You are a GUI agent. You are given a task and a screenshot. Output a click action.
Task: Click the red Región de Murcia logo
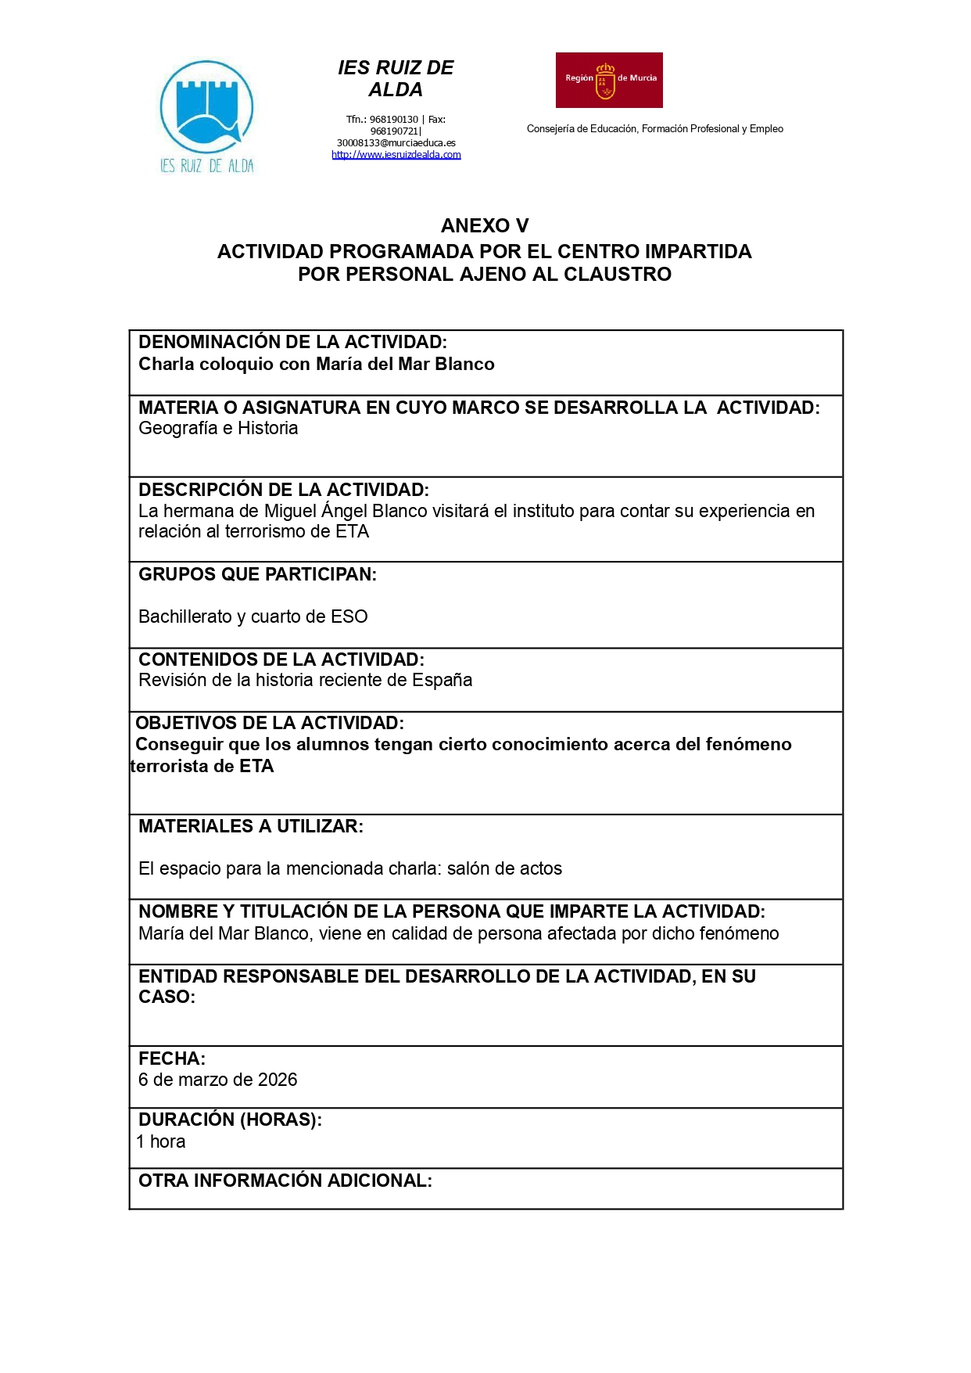[609, 80]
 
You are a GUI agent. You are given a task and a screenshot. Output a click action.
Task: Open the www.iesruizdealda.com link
[396, 155]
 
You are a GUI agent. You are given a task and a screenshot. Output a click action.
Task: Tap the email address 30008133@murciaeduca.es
[396, 143]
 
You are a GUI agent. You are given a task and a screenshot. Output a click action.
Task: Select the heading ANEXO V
[485, 225]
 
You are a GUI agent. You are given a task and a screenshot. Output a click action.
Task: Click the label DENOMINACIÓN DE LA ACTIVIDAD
[292, 342]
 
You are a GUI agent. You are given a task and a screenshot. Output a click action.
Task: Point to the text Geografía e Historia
[218, 428]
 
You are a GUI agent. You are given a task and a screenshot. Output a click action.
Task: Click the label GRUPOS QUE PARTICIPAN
[257, 574]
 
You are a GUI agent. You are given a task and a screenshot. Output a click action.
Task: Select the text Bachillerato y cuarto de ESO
[253, 616]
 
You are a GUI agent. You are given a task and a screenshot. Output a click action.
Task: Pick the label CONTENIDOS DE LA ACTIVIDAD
[281, 660]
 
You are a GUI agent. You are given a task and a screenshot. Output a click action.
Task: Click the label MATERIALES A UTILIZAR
[250, 826]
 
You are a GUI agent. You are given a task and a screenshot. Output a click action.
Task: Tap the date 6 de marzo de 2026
[217, 1080]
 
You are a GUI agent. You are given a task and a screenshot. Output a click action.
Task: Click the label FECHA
[171, 1059]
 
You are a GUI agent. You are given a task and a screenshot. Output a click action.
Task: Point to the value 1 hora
[161, 1141]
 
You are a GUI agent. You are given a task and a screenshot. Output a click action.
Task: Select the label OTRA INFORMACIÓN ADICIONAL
[285, 1181]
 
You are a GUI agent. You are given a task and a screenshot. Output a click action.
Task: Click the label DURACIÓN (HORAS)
[230, 1120]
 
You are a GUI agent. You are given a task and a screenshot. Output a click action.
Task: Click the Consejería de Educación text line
[654, 129]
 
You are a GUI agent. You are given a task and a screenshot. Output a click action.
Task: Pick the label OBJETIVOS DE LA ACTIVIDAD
[270, 723]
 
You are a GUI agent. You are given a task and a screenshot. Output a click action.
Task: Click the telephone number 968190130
[393, 120]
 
